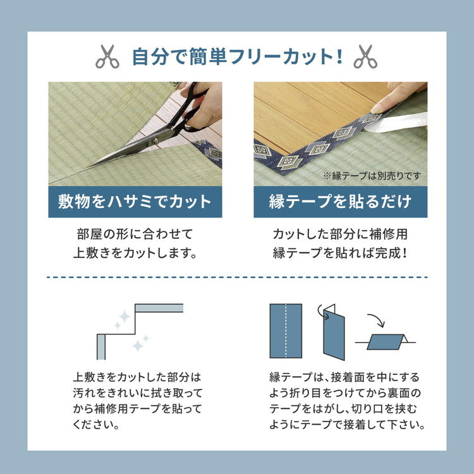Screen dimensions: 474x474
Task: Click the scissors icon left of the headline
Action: [x=107, y=57]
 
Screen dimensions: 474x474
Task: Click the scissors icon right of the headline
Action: [x=365, y=57]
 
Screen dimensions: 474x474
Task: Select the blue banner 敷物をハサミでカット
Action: [x=135, y=202]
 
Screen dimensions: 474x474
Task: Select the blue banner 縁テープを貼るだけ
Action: [x=340, y=202]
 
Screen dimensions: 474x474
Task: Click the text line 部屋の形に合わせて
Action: [x=135, y=234]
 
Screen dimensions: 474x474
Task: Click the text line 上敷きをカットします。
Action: [x=135, y=254]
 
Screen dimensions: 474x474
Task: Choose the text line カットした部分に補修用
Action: [x=340, y=234]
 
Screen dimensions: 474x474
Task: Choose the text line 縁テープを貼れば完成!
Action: [x=340, y=254]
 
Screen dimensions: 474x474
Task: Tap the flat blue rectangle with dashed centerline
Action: [x=286, y=331]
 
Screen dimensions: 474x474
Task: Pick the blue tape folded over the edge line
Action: [x=386, y=342]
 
